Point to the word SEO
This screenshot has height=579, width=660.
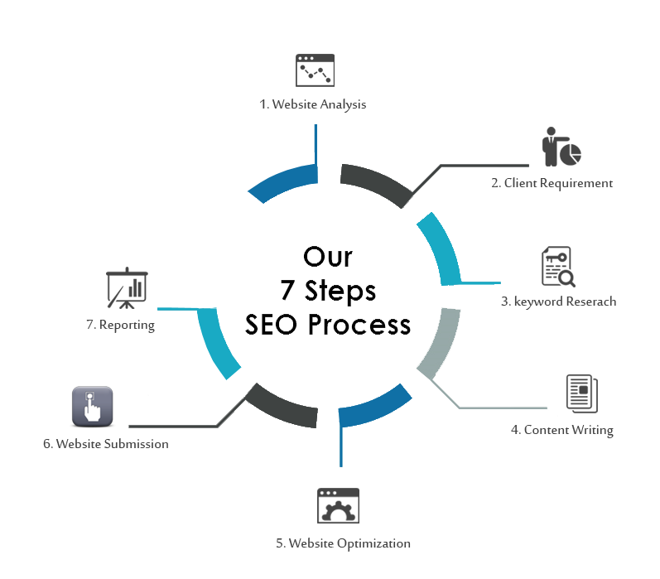274,324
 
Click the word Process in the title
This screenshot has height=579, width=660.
359,324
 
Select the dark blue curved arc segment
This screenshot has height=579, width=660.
286,182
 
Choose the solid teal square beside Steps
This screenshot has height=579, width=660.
458,248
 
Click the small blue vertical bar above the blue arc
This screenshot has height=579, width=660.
310,137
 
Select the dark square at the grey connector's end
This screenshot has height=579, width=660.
582,393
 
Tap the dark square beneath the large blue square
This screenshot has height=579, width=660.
338,505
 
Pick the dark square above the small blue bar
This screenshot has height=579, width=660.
315,70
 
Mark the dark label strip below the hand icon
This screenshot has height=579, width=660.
105,443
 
